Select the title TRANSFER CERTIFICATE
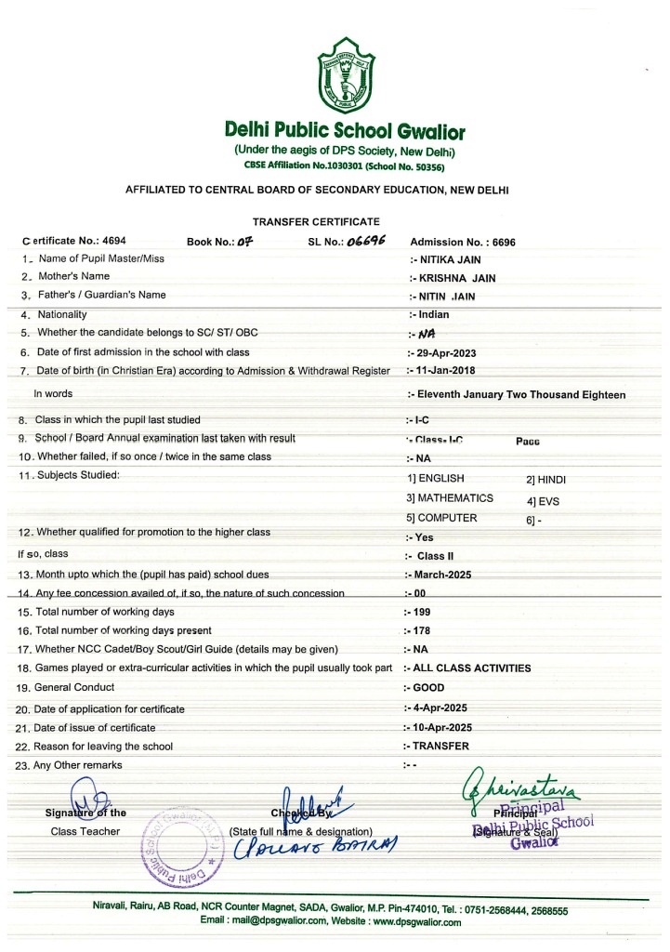(316, 220)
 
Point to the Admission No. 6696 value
(463, 242)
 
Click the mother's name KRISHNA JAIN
(450, 277)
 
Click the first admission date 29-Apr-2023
(443, 352)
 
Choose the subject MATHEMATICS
(450, 498)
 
